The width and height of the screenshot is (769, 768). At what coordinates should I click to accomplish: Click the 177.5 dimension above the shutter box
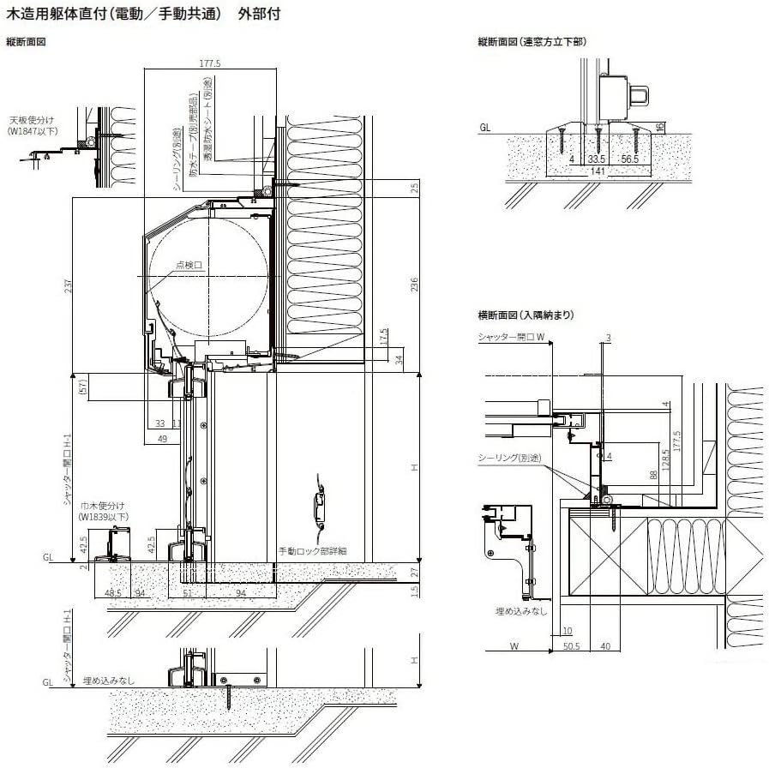[x=210, y=63]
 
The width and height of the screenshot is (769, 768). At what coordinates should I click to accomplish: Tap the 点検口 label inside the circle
[x=189, y=266]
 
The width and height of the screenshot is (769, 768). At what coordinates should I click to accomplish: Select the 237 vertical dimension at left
[x=68, y=287]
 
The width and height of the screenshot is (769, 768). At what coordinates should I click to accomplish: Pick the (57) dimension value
[x=83, y=387]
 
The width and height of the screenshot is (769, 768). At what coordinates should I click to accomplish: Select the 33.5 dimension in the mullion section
[x=597, y=159]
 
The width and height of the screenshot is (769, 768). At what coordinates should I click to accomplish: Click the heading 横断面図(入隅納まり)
[x=526, y=315]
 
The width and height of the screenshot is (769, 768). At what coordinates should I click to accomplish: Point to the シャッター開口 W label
[x=512, y=338]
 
